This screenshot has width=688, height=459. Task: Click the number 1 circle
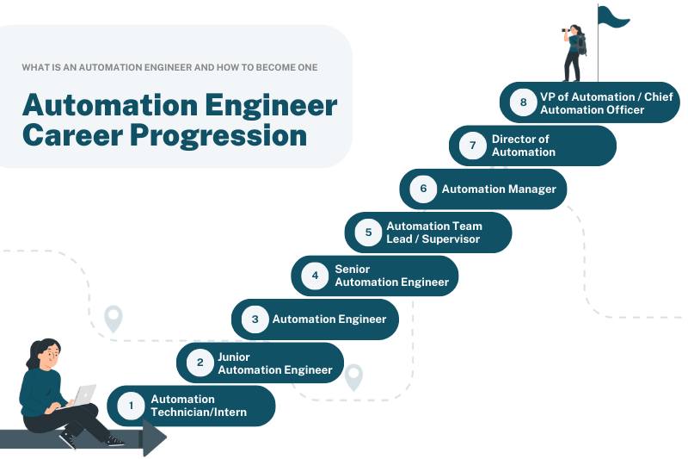pyautogui.click(x=131, y=406)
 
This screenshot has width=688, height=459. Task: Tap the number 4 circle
pyautogui.click(x=315, y=276)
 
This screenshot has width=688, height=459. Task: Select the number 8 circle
pyautogui.click(x=523, y=102)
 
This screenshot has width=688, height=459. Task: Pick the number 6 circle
pyautogui.click(x=423, y=189)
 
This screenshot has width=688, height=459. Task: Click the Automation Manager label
pyautogui.click(x=499, y=189)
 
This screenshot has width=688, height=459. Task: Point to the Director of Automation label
pyautogui.click(x=524, y=146)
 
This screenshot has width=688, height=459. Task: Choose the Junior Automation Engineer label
pyautogui.click(x=274, y=363)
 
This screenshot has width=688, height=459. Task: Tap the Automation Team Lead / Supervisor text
pyautogui.click(x=434, y=233)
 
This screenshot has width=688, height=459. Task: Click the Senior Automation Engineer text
pyautogui.click(x=392, y=276)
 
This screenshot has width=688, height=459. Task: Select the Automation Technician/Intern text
pyautogui.click(x=199, y=406)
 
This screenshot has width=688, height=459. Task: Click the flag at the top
pyautogui.click(x=613, y=16)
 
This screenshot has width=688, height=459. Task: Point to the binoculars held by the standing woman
pyautogui.click(x=567, y=30)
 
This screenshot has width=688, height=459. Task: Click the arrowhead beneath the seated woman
pyautogui.click(x=154, y=437)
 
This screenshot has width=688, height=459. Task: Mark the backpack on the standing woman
pyautogui.click(x=582, y=46)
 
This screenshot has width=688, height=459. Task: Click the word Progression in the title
pyautogui.click(x=218, y=136)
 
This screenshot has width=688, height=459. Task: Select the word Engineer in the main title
pyautogui.click(x=271, y=105)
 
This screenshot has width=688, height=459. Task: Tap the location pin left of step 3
pyautogui.click(x=114, y=319)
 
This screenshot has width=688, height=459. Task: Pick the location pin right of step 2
pyautogui.click(x=353, y=377)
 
